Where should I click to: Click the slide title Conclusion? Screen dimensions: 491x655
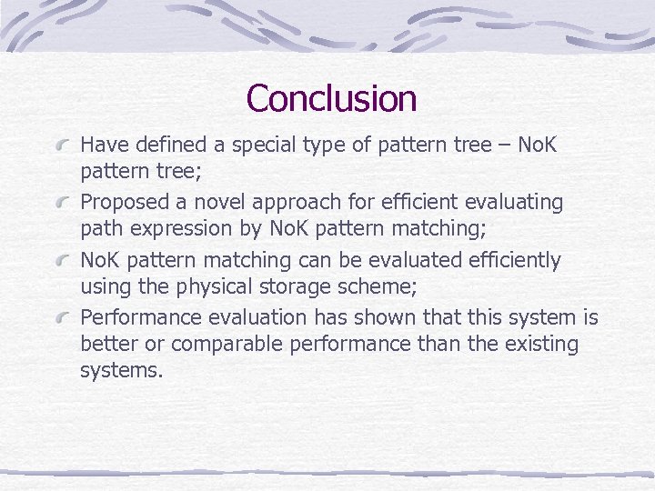pyautogui.click(x=331, y=98)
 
